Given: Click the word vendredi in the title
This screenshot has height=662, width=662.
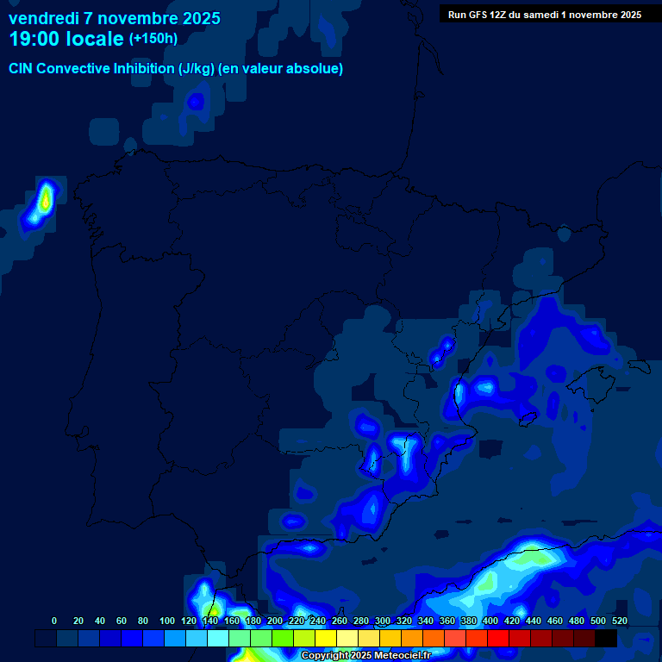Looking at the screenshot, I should tap(46, 18).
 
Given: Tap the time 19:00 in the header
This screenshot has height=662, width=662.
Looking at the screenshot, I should tap(37, 39).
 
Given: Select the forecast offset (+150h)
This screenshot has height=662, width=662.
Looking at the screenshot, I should tap(153, 39).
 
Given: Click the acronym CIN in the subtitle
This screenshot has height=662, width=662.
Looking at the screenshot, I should tap(22, 69).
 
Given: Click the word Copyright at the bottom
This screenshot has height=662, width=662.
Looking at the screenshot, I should tap(324, 656).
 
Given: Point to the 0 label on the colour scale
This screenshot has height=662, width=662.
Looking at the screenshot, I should tap(54, 621).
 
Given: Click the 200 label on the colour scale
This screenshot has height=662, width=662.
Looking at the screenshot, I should tap(275, 621).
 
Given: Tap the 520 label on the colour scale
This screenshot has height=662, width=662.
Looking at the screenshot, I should tap(620, 621).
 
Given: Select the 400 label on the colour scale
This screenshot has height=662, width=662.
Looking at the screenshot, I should tap(490, 621).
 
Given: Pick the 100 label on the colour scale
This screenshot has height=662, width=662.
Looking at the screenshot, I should tap(167, 621).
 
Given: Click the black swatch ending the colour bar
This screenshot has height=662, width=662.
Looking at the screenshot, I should tap(606, 638).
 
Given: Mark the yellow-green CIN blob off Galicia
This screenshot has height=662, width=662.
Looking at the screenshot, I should tap(43, 200).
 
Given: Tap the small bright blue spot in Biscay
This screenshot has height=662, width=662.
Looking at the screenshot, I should tap(196, 102).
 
